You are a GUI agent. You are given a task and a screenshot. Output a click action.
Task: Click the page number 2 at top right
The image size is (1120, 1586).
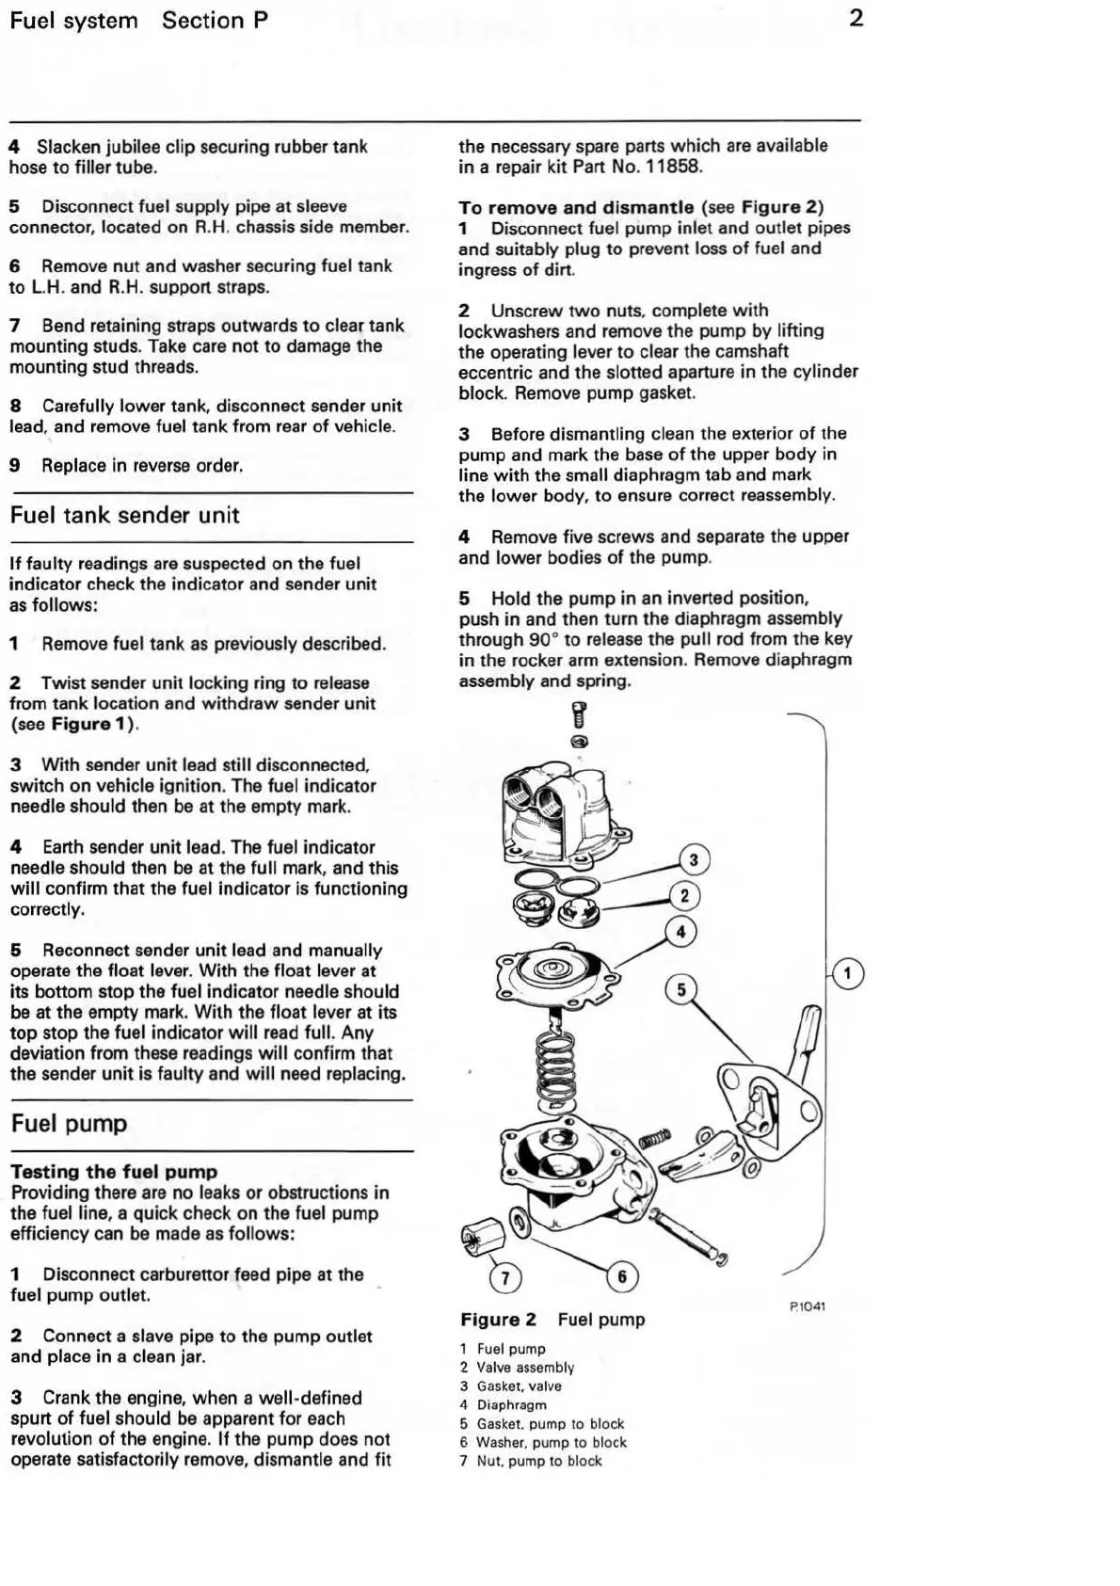pos(856,18)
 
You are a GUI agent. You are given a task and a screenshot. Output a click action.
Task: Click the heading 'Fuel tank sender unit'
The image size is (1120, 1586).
pos(124,515)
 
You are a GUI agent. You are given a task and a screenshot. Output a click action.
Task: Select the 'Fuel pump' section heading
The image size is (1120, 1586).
pos(69,1123)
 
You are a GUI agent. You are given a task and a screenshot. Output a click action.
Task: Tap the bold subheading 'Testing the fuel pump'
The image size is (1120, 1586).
pos(114,1171)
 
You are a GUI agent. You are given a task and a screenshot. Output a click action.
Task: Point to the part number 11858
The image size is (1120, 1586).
pos(673,167)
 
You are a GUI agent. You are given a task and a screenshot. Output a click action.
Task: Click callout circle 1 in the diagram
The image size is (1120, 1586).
pos(847,973)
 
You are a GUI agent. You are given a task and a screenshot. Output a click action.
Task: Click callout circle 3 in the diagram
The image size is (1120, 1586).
pos(694,859)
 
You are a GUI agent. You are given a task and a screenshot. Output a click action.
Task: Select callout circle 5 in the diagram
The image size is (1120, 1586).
pos(681,989)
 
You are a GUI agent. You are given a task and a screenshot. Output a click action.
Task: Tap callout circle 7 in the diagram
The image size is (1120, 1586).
pos(505,1277)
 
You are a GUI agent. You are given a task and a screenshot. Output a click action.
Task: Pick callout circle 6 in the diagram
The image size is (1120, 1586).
pos(621,1276)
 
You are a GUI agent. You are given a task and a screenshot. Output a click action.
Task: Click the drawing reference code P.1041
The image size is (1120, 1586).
pos(808,1306)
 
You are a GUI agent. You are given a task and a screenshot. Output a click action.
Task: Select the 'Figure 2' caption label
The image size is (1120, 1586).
pos(498,1320)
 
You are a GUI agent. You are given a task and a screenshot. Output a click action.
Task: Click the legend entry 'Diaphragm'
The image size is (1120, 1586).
pos(511,1404)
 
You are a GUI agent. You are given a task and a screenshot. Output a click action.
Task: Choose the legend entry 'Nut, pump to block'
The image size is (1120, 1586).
pos(538,1461)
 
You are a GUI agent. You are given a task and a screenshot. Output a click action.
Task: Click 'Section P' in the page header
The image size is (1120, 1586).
pos(215,20)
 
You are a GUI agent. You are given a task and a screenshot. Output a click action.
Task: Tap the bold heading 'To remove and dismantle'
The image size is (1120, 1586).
pos(576,207)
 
